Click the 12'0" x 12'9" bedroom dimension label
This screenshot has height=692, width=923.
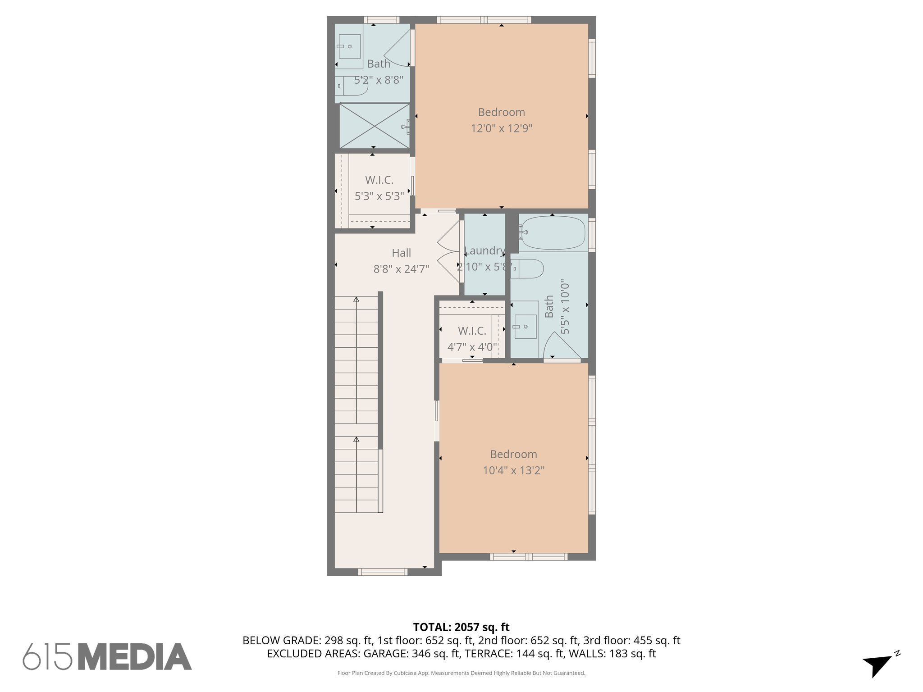click(x=501, y=128)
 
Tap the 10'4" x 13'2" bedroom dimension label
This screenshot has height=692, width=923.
click(x=513, y=470)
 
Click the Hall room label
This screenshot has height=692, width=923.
click(x=401, y=253)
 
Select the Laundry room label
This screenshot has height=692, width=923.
click(x=484, y=251)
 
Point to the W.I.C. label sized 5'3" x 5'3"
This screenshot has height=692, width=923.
click(x=379, y=180)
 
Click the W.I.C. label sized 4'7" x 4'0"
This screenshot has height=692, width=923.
click(x=472, y=331)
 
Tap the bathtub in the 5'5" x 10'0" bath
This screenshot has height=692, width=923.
click(x=553, y=233)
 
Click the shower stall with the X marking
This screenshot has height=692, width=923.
click(x=374, y=126)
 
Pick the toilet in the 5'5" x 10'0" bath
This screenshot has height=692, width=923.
click(x=527, y=269)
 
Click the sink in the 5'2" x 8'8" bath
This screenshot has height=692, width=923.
click(x=349, y=47)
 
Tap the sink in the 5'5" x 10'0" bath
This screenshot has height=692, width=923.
click(x=525, y=326)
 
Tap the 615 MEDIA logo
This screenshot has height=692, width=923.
click(x=107, y=656)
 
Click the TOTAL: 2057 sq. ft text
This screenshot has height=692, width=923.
click(x=461, y=627)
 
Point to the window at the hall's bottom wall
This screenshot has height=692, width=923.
click(x=383, y=572)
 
